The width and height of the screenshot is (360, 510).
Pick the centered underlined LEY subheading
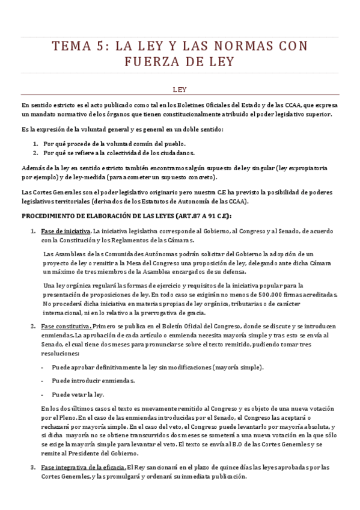point(180,90)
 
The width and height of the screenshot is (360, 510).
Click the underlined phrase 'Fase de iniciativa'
point(66,232)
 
